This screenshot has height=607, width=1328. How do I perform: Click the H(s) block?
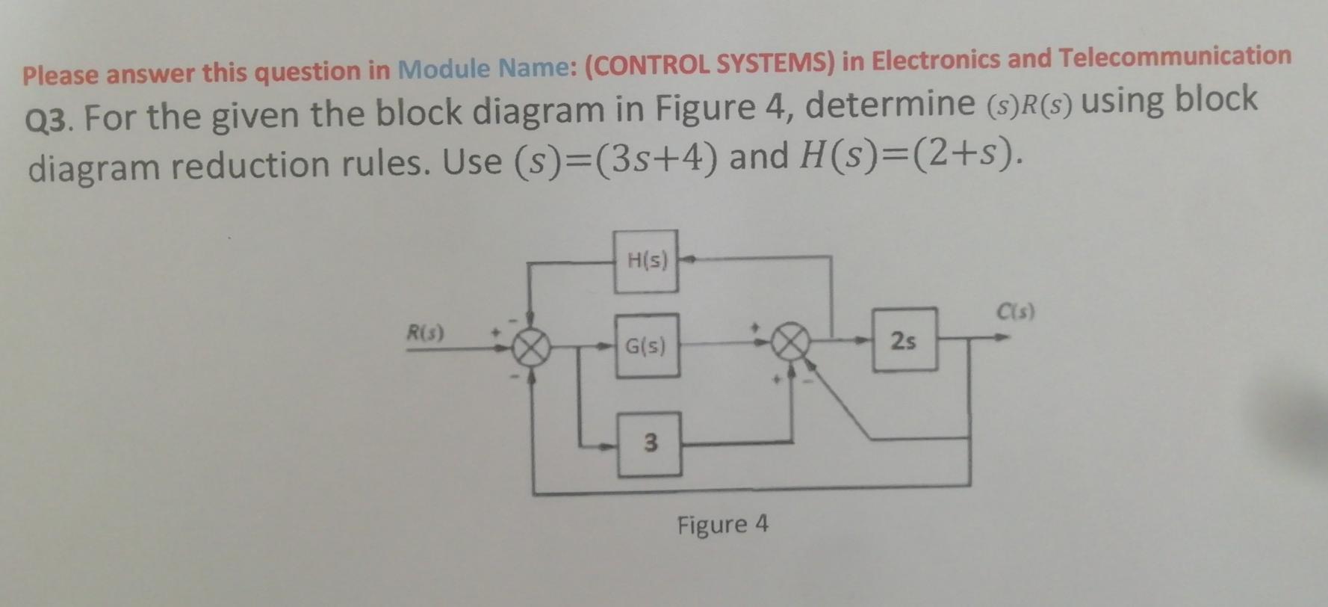click(x=646, y=261)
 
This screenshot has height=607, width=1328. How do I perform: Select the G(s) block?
click(x=647, y=345)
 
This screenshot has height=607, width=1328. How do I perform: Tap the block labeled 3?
click(x=650, y=443)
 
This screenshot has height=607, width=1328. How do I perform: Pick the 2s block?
click(x=905, y=340)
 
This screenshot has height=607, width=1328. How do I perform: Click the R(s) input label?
click(x=424, y=332)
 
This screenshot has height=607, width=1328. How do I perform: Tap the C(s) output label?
click(x=1016, y=311)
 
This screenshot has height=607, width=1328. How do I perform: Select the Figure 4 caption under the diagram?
click(x=722, y=524)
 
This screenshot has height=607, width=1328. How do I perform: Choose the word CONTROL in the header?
click(x=651, y=65)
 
